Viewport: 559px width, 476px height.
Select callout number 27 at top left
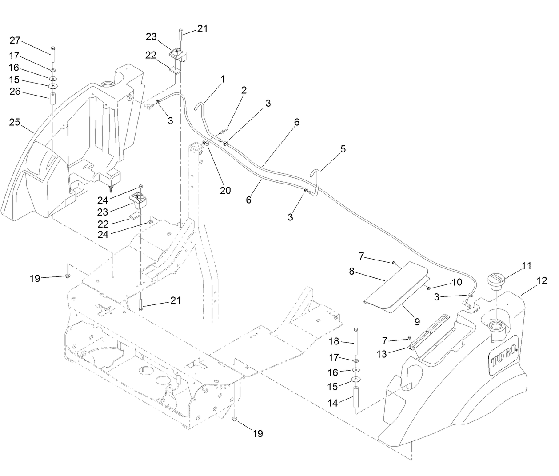pyautogui.click(x=15, y=40)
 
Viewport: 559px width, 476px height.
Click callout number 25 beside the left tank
pyautogui.click(x=15, y=122)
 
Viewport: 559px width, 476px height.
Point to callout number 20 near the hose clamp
pyautogui.click(x=225, y=190)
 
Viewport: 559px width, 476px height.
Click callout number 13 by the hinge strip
pyautogui.click(x=382, y=354)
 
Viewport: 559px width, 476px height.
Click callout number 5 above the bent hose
pyautogui.click(x=343, y=149)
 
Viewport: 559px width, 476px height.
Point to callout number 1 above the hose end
pyautogui.click(x=223, y=80)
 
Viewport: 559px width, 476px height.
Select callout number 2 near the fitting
pyautogui.click(x=244, y=90)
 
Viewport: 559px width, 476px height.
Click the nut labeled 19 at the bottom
pyautogui.click(x=235, y=420)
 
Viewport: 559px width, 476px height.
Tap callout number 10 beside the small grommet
pyautogui.click(x=457, y=282)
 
